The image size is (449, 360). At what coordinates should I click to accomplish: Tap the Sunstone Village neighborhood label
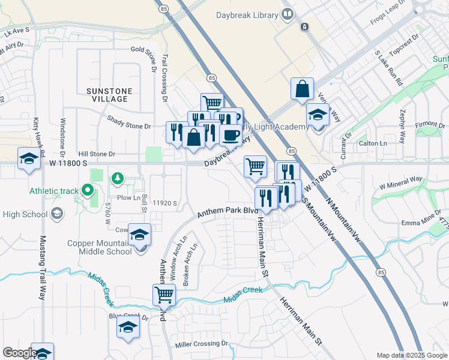coord(107,95)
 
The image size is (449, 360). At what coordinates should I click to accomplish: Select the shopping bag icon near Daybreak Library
coord(302,89)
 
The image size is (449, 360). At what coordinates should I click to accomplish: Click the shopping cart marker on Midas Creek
coord(164,295)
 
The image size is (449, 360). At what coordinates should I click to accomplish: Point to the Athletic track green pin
coord(87,191)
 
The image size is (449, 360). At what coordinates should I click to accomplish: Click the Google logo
coord(20,353)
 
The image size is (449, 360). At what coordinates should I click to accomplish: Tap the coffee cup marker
coord(231,136)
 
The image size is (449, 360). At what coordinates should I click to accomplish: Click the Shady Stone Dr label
coord(129,125)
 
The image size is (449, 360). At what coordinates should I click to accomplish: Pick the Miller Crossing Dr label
coord(202,344)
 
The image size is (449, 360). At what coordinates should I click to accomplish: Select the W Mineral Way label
coord(400,182)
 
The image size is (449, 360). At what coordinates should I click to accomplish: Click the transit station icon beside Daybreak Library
coord(305,27)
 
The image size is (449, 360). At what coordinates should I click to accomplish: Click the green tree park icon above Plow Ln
coord(118,178)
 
